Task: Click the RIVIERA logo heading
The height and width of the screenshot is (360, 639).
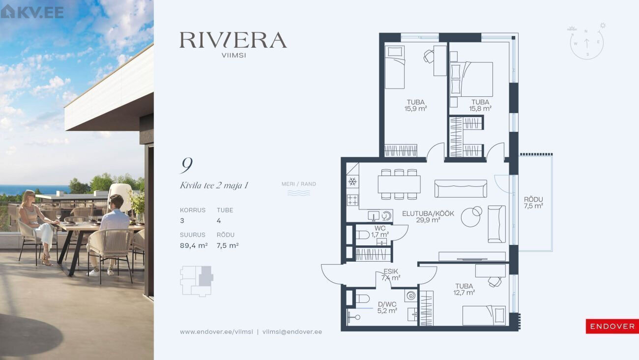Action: tap(233, 40)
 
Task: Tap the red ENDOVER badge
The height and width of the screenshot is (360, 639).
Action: tap(612, 326)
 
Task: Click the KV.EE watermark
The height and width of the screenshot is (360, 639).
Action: tap(32, 12)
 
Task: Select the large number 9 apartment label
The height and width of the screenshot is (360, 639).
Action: tap(187, 165)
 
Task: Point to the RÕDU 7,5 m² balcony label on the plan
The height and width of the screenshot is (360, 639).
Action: tap(533, 203)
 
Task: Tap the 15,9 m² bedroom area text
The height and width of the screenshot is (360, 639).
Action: tap(415, 109)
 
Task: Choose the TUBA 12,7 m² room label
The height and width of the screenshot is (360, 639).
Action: tap(464, 289)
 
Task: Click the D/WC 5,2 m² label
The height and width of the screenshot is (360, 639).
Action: tap(387, 307)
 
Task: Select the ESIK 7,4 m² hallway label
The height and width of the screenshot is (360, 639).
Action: tap(391, 274)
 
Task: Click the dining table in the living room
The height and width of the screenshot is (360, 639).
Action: tap(399, 184)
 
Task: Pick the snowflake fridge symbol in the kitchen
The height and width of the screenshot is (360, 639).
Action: tap(352, 181)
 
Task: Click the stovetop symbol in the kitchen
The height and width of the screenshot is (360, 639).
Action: tap(352, 200)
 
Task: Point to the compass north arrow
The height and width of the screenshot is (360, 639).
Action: tap(586, 43)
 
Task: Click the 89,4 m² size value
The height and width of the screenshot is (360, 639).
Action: tap(193, 245)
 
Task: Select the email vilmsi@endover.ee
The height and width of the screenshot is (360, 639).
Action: tap(292, 332)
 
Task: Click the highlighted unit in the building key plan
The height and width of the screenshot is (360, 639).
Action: tap(205, 276)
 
